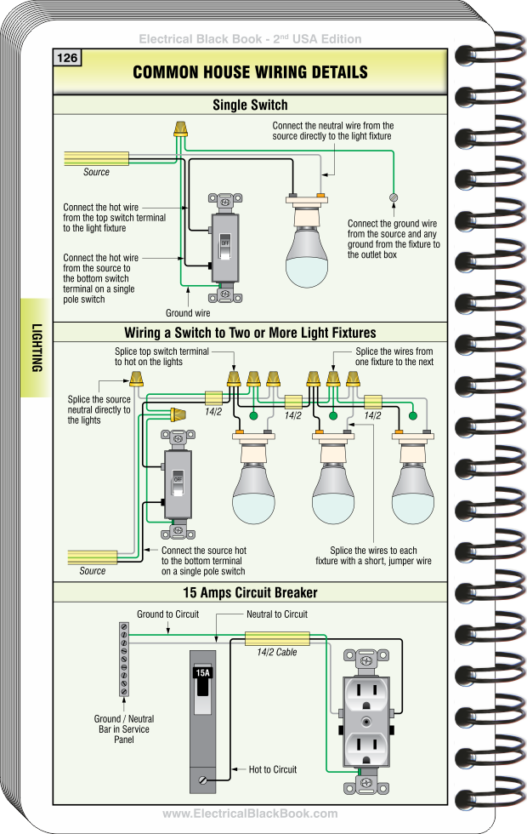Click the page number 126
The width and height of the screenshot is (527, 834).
[x=67, y=58]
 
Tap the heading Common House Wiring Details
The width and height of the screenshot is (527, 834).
[x=250, y=72]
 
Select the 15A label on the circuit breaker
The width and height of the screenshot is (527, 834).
[x=202, y=672]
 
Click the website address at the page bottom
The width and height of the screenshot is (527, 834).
[x=250, y=814]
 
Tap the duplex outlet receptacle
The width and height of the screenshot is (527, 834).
[x=366, y=720]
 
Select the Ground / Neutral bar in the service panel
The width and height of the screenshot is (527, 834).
[x=124, y=659]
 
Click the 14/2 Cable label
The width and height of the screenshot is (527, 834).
[x=277, y=653]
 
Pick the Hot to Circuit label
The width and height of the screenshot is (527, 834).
[x=272, y=769]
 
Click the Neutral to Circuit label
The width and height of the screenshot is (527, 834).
[x=277, y=614]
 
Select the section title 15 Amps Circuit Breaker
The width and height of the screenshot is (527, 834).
[x=250, y=592]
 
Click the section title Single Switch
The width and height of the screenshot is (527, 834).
[x=250, y=106]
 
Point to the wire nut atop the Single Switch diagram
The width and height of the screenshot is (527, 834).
[x=179, y=129]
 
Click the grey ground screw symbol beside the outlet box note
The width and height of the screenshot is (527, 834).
[x=393, y=197]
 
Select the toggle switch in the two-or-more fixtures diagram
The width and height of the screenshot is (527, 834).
[x=178, y=485]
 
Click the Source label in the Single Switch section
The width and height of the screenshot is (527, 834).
[x=96, y=172]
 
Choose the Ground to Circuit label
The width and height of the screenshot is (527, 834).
[x=167, y=614]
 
